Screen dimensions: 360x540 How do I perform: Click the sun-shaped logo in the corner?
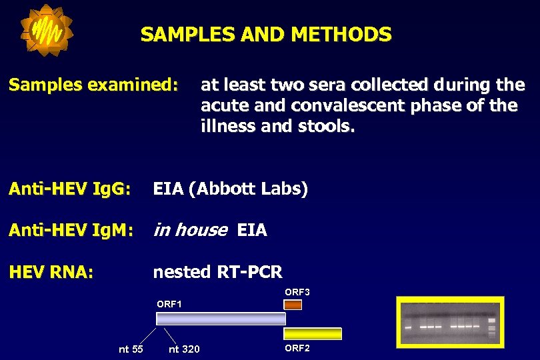46,30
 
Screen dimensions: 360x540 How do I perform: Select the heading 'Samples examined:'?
93,85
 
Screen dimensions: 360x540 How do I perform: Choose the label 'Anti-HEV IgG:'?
69,189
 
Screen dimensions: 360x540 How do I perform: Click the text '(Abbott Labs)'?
248,189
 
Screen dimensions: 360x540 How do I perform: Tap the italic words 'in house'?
190,231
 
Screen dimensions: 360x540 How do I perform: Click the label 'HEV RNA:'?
51,272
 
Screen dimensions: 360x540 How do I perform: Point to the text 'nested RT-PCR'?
217,272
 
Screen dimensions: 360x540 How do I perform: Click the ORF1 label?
169,304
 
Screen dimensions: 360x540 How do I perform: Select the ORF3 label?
297,292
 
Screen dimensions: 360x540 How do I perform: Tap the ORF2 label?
297,348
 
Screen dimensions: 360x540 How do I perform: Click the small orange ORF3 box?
293,305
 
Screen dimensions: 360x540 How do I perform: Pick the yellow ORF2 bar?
313,333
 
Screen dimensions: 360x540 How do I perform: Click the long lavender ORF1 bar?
221,319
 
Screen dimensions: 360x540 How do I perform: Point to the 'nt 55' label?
131,349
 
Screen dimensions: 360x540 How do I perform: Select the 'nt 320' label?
184,349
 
